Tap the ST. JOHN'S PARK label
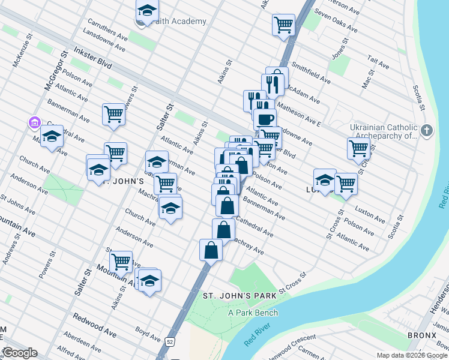point(239,296)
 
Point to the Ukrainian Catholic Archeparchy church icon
point(427,131)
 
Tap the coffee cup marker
point(264,118)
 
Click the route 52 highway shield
point(171,341)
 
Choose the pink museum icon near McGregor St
point(34,124)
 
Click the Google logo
point(20,353)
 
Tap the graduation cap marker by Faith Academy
point(147,10)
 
